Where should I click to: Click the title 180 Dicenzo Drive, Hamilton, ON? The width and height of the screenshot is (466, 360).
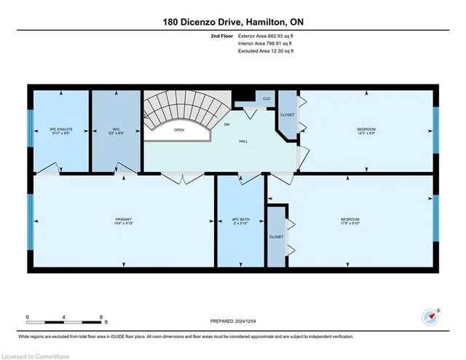(x=233, y=23)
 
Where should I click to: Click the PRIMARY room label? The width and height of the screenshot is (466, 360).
(x=123, y=222)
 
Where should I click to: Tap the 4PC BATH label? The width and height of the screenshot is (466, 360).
(x=240, y=222)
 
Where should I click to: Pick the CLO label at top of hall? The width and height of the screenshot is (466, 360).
(x=266, y=98)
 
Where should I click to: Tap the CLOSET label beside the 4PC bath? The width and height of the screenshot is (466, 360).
(x=276, y=237)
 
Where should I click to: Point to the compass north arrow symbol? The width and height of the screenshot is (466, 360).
(x=430, y=318)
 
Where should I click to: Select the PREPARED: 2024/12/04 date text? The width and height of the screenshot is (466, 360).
(x=232, y=321)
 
